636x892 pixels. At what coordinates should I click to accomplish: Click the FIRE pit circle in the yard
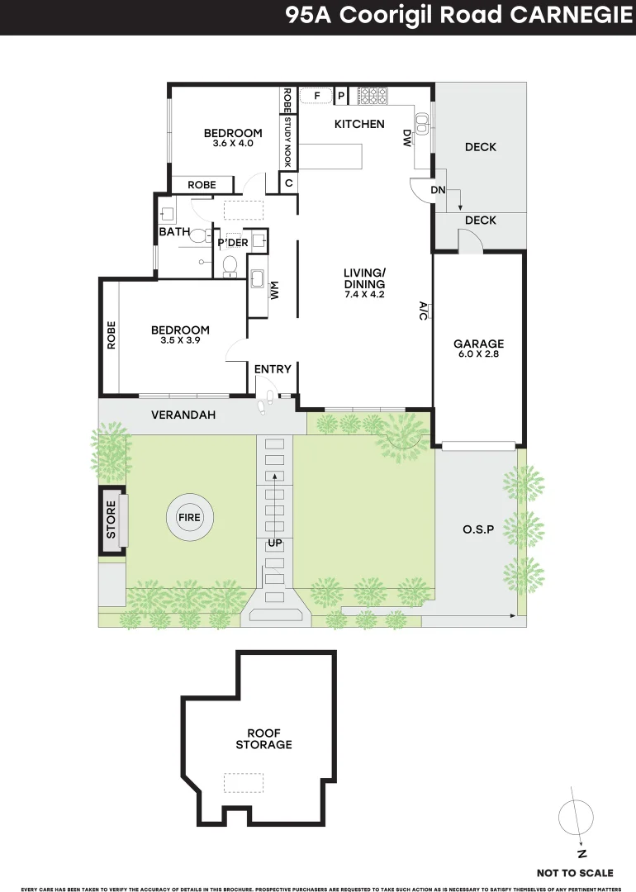click(x=189, y=518)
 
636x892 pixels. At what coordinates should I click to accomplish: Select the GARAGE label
click(x=478, y=344)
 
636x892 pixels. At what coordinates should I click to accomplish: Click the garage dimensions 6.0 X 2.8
click(x=478, y=354)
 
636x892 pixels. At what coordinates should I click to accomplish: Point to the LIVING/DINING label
click(x=365, y=278)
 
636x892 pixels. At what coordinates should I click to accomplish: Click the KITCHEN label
click(x=359, y=124)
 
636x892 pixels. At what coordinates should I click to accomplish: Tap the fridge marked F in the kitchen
click(x=316, y=97)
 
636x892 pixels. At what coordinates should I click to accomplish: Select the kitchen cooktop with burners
click(x=372, y=97)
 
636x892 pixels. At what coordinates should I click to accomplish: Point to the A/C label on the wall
click(x=423, y=311)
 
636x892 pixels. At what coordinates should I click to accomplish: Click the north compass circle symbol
click(x=575, y=818)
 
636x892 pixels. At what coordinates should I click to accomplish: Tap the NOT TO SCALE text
click(x=575, y=872)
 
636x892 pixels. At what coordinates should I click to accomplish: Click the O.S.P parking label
click(x=478, y=529)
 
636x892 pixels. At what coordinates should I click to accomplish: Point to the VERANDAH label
click(x=183, y=415)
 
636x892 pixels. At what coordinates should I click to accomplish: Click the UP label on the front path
click(x=274, y=543)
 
